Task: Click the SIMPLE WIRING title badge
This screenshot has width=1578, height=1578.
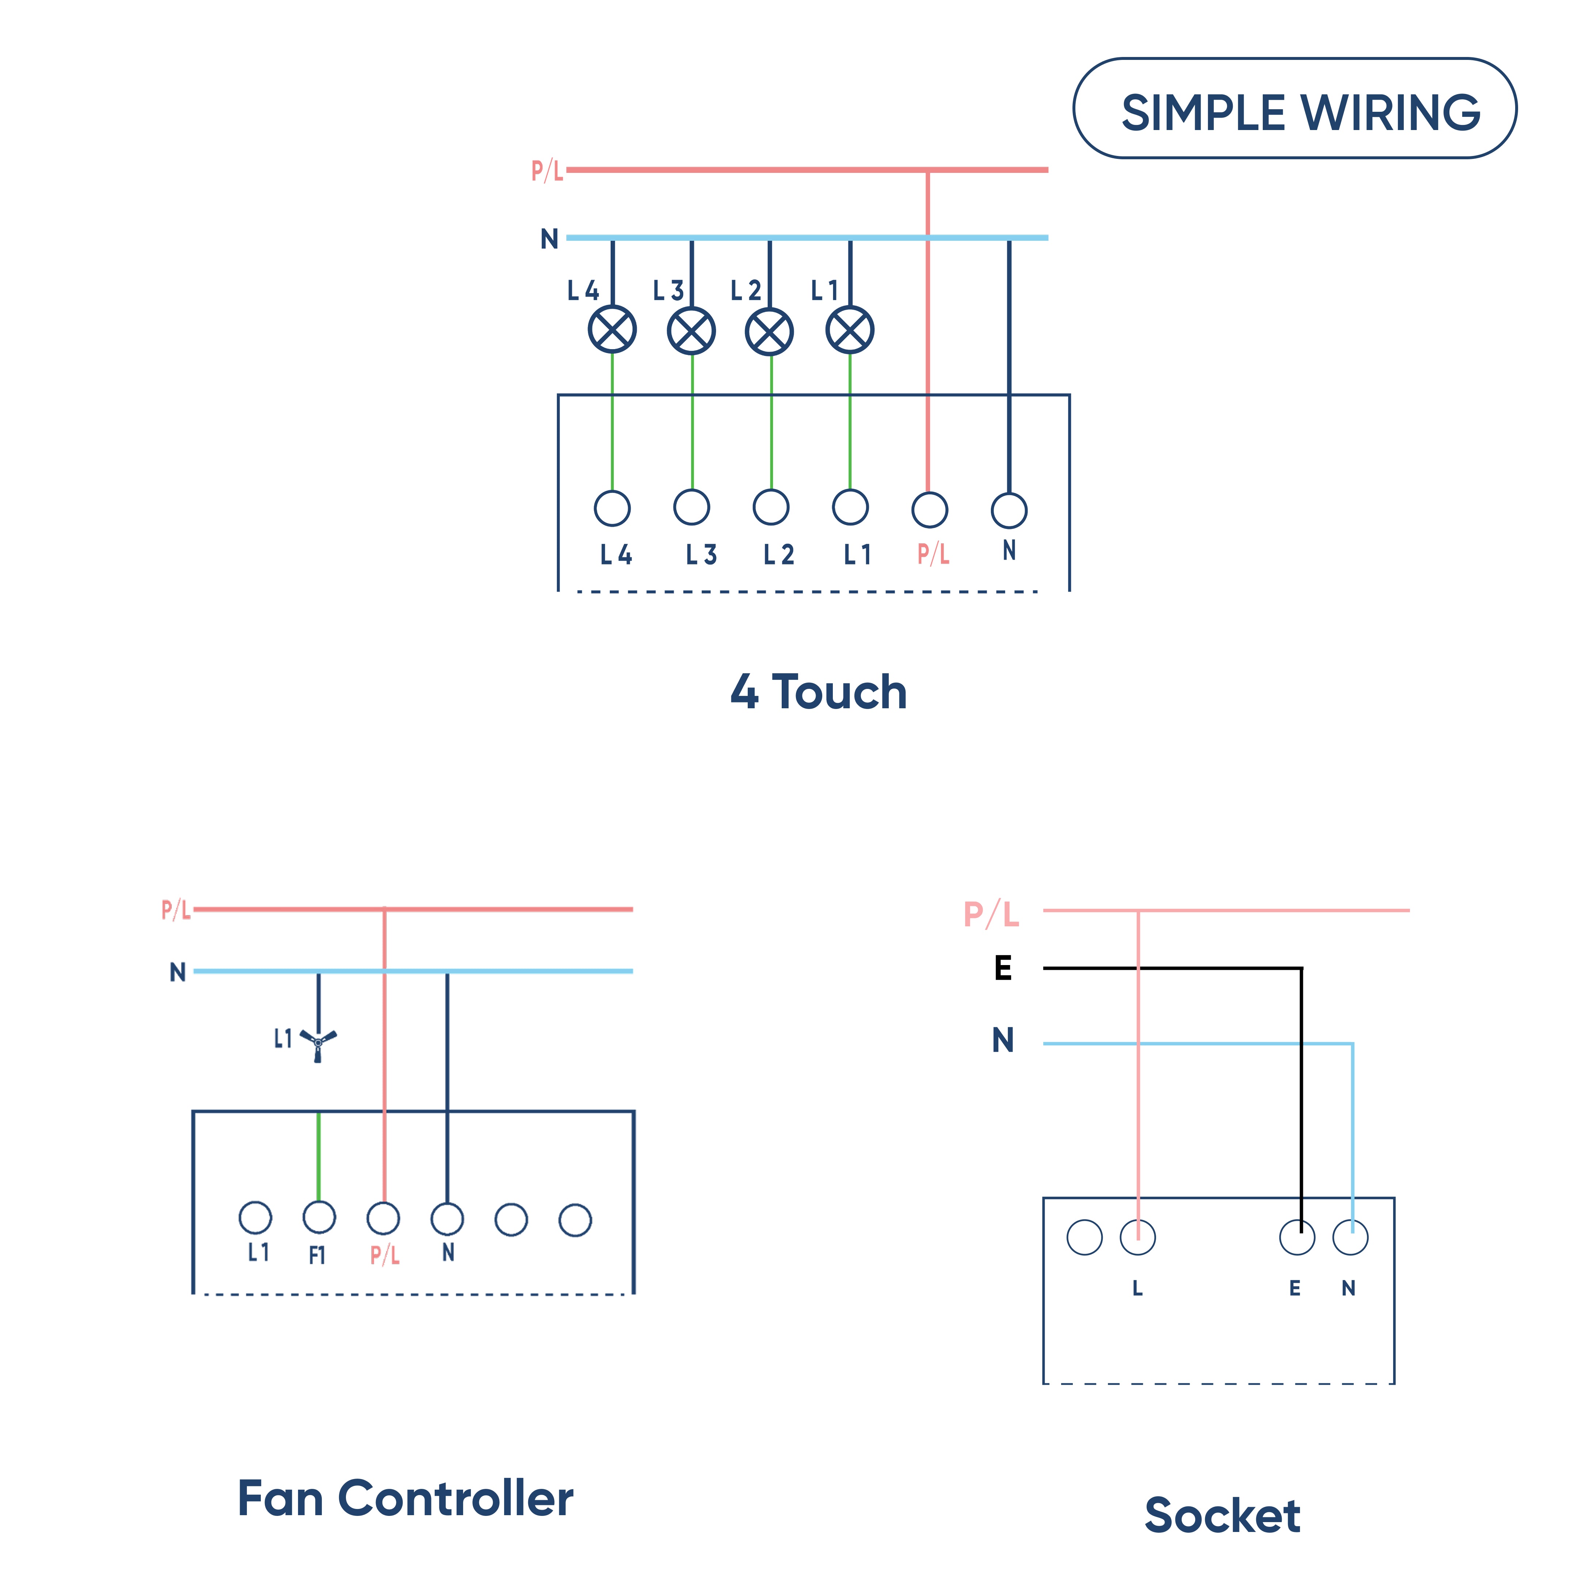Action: pyautogui.click(x=1295, y=108)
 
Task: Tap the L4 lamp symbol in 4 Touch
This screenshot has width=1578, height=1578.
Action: pyautogui.click(x=612, y=330)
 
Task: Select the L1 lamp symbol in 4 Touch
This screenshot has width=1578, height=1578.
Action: pyautogui.click(x=849, y=330)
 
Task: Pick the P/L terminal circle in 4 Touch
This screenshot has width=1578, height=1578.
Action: pyautogui.click(x=930, y=510)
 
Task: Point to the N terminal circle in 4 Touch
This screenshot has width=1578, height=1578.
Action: pyautogui.click(x=1009, y=511)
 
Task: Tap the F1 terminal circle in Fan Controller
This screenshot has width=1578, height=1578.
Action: pyautogui.click(x=319, y=1217)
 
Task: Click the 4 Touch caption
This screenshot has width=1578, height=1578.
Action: pyautogui.click(x=818, y=692)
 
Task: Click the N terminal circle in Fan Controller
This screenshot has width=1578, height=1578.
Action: pyautogui.click(x=447, y=1219)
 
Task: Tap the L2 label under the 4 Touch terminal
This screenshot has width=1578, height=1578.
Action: pyautogui.click(x=778, y=555)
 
